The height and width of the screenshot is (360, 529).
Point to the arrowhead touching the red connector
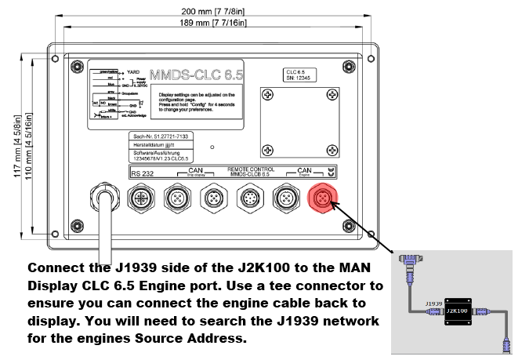tap(332, 205)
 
